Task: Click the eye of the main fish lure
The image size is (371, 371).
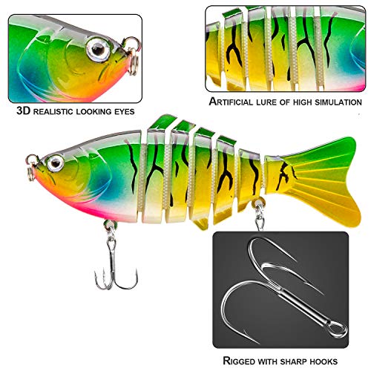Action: coord(56,163)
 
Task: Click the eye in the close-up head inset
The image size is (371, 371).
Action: coord(98,50)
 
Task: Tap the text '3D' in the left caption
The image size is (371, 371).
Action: coord(24,111)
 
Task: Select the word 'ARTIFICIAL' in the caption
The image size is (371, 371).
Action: coord(231,102)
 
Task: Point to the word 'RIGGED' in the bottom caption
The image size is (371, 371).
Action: coord(239,361)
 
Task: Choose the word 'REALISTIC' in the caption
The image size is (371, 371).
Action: coord(53,111)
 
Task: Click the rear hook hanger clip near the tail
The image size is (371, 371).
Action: coord(259,215)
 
